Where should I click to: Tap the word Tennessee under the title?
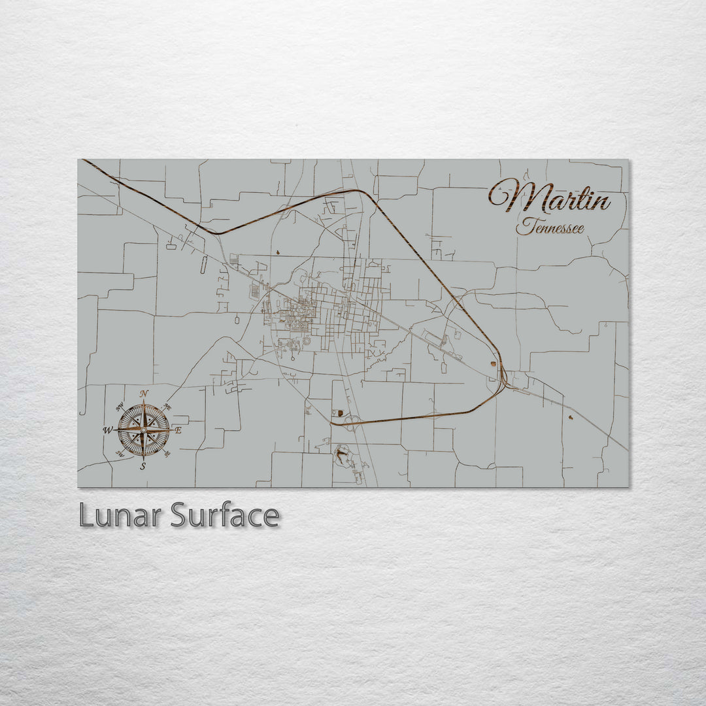pyautogui.click(x=550, y=227)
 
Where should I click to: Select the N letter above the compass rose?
pyautogui.click(x=144, y=393)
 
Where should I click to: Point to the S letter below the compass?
pyautogui.click(x=143, y=466)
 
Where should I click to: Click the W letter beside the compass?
pyautogui.click(x=107, y=430)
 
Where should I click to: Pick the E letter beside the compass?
pyautogui.click(x=179, y=430)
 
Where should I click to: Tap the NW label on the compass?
pyautogui.click(x=120, y=408)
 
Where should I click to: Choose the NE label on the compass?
pyautogui.click(x=167, y=407)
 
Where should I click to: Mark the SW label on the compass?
pyautogui.click(x=120, y=453)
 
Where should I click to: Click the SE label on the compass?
pyautogui.click(x=167, y=453)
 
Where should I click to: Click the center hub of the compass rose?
pyautogui.click(x=143, y=430)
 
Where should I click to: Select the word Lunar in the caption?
pyautogui.click(x=122, y=516)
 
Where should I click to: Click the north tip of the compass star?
pyautogui.click(x=143, y=400)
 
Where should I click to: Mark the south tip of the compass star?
pyautogui.click(x=143, y=460)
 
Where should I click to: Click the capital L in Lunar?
pyautogui.click(x=85, y=516)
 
